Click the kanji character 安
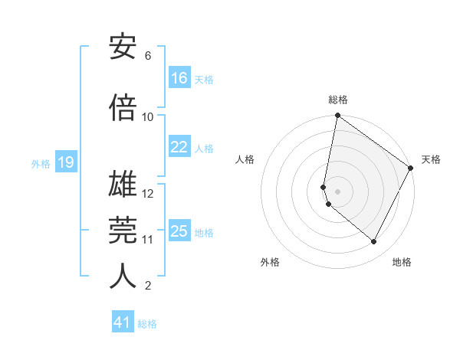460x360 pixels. pos(123,47)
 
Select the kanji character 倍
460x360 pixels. pos(123,108)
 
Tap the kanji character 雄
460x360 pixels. pos(123,185)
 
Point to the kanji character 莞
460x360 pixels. pos(123,230)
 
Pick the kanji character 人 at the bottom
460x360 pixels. pos(123,276)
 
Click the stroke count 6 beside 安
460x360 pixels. pos(148,56)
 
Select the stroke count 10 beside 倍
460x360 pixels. pos(148,117)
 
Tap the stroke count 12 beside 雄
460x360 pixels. pos(148,194)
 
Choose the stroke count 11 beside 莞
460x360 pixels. pos(148,240)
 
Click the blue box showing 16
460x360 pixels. pos(179,78)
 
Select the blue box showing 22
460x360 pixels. pos(179,147)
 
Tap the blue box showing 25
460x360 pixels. pos(179,231)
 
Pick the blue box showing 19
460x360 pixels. pos(65,162)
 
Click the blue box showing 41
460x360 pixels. pos(123,322)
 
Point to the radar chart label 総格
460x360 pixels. pos(337,100)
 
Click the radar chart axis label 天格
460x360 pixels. pos(431,159)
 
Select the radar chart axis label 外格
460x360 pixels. pos(270,262)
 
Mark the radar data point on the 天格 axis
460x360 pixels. pos(411,168)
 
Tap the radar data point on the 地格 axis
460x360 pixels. pos(373,241)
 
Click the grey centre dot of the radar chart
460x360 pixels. pos(337,191)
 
